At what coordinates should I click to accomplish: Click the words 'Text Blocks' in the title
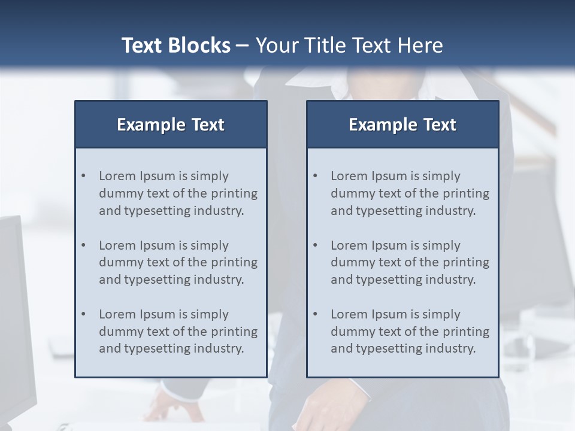pos(175,45)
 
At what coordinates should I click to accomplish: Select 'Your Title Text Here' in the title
pos(349,45)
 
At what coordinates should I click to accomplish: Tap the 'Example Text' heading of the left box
pos(171,125)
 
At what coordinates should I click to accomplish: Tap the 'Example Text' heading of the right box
pos(402,125)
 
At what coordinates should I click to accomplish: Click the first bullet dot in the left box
pos(84,176)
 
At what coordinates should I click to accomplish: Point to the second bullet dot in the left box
pos(84,245)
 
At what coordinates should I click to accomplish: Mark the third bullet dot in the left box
pos(84,314)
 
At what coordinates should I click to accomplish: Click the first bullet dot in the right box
pos(316,176)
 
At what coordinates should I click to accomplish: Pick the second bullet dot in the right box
pos(316,245)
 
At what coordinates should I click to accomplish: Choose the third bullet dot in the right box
pos(316,314)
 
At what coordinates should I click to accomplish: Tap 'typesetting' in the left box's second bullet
pos(152,280)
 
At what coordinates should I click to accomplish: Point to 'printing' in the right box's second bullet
pos(465,262)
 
